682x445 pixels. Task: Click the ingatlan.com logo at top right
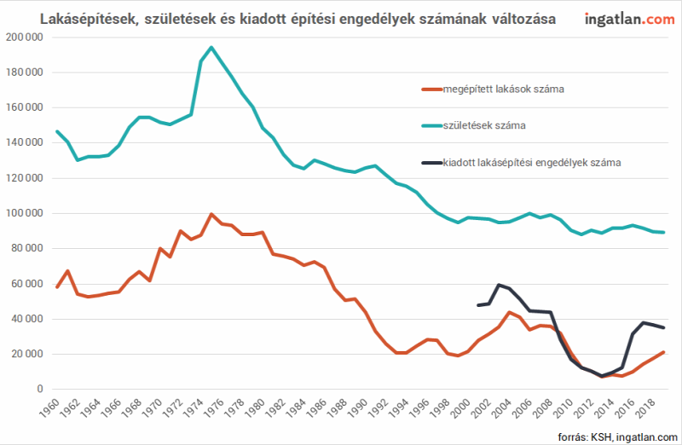[629, 19]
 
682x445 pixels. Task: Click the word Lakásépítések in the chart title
[90, 19]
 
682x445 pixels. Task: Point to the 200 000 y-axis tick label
[25, 38]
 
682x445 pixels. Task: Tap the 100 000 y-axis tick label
[25, 213]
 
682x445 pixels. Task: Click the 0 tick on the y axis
[40, 389]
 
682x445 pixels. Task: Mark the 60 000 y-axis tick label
[27, 284]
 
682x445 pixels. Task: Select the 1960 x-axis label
[49, 408]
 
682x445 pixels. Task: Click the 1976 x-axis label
[213, 408]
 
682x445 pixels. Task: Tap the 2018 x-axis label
[644, 408]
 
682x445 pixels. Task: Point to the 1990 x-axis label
[357, 408]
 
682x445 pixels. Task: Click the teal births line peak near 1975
[211, 48]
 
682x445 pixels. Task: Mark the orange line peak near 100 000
[211, 215]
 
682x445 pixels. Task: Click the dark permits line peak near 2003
[499, 285]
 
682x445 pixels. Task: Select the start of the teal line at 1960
[57, 131]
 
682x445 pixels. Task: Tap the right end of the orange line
[664, 352]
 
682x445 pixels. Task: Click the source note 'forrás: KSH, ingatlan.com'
[617, 436]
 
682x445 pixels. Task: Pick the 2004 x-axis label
[501, 408]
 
